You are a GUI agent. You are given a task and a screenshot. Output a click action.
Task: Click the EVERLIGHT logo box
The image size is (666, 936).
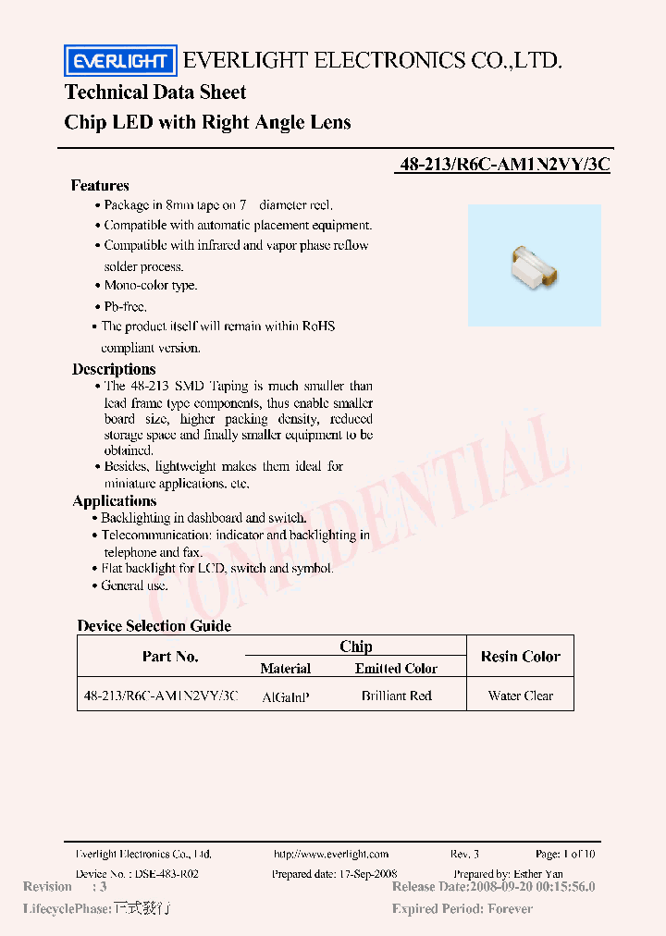(119, 61)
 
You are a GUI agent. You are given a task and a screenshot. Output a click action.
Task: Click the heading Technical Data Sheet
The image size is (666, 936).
(155, 92)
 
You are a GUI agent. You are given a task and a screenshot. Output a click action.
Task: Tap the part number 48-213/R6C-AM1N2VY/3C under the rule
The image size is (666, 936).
(505, 166)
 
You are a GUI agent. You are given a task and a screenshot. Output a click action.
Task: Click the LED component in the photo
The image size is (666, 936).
(532, 266)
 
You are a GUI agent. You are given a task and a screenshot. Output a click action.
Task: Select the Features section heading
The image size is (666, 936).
(100, 185)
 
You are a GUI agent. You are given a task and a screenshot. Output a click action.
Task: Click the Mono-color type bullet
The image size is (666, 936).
(150, 286)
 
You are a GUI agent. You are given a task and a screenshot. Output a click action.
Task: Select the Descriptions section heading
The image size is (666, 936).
(114, 369)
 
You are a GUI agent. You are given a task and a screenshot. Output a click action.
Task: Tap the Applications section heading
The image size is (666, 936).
(115, 501)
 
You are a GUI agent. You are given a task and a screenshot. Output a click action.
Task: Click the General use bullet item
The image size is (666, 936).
(134, 585)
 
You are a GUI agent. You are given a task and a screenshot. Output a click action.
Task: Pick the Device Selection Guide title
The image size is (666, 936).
(154, 626)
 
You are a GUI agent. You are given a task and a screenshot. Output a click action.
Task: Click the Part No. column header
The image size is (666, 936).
(170, 657)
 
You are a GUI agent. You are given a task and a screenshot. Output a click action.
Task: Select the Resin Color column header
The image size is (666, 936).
(520, 657)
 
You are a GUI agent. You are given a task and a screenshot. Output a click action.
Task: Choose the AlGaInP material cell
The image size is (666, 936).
(286, 696)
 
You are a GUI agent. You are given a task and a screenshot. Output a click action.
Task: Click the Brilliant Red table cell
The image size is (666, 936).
(396, 696)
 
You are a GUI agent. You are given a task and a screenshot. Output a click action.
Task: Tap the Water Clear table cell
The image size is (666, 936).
(520, 696)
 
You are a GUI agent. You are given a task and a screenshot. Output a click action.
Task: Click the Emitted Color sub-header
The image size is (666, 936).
(396, 669)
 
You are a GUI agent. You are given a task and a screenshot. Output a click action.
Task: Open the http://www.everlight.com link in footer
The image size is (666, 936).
(331, 855)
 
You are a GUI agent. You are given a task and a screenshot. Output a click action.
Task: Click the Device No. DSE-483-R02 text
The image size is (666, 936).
(137, 874)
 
